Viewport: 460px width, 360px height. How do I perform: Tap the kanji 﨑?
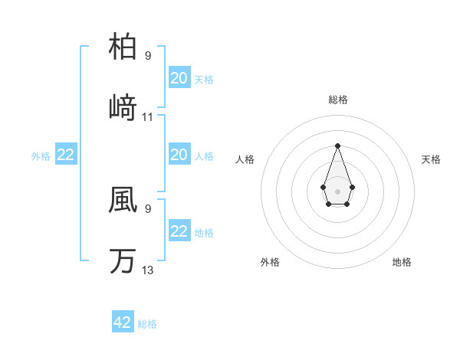[123, 107]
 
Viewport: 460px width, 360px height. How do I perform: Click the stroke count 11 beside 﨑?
[148, 117]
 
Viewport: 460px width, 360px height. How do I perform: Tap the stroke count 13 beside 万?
[148, 270]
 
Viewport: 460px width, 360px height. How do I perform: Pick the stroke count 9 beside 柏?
[148, 56]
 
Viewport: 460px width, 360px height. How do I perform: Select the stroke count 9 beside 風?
[148, 208]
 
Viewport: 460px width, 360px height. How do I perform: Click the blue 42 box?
[123, 322]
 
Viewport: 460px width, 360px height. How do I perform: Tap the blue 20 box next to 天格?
[179, 78]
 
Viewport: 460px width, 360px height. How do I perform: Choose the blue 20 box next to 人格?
[179, 155]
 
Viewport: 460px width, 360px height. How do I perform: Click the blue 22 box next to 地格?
[179, 231]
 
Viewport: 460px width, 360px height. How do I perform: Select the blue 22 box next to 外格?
[66, 155]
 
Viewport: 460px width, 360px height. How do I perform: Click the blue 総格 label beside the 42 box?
[147, 324]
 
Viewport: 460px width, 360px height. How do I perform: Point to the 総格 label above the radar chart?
[337, 100]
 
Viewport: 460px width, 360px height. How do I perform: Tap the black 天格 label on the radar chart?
[431, 159]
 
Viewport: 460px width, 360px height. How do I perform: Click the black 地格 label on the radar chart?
[402, 262]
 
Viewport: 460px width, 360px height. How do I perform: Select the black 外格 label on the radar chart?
[270, 262]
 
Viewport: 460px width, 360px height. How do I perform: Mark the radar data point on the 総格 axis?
[337, 146]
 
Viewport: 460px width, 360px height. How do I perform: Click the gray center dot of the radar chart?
[337, 190]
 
